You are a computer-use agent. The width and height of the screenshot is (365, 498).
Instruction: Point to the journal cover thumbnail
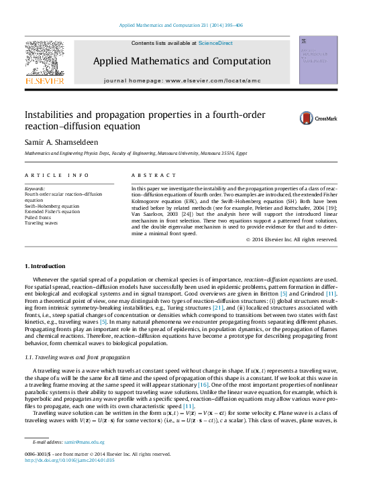[317, 60]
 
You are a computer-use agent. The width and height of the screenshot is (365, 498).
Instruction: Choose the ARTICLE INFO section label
[56, 175]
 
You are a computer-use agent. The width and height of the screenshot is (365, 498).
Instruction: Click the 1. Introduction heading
[46, 267]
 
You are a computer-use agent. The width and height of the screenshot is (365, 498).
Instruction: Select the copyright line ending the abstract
[292, 239]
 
